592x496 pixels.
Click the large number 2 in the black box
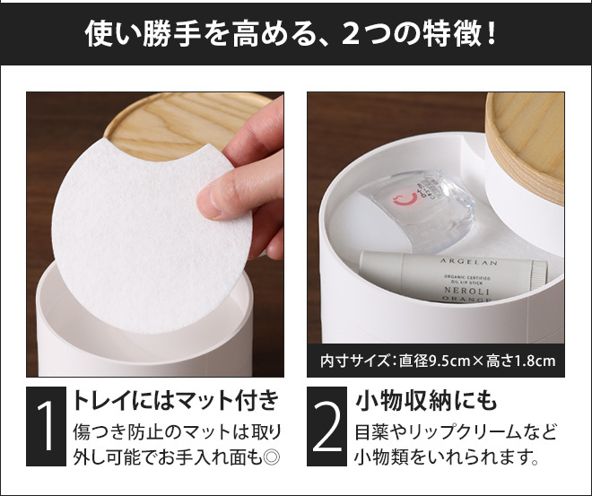pos(326,425)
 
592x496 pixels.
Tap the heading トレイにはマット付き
pos(176,400)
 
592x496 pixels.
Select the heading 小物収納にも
pos(425,400)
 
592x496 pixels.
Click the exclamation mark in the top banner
pos(491,34)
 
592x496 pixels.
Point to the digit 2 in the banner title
pos(350,34)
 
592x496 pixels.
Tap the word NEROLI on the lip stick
pos(466,291)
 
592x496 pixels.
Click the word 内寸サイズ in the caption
pos(354,361)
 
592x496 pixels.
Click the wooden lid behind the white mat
pos(185,121)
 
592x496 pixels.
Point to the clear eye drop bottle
pos(419,210)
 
